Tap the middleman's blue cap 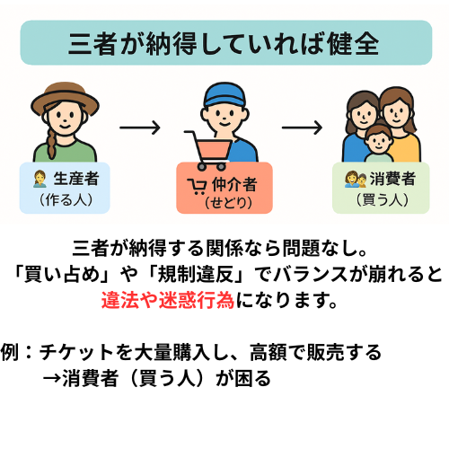point(224,94)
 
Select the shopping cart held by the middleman point(209,151)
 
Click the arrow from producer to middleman point(140,128)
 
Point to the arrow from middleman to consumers point(302,128)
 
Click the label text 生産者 point(76,179)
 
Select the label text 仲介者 point(234,184)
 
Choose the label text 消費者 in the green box point(392,179)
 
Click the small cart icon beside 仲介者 point(197,186)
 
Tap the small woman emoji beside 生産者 point(40,179)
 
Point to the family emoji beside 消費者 point(356,179)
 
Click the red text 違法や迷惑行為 point(168,300)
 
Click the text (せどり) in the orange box point(228,203)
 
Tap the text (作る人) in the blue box point(66,199)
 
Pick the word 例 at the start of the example point(10,352)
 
